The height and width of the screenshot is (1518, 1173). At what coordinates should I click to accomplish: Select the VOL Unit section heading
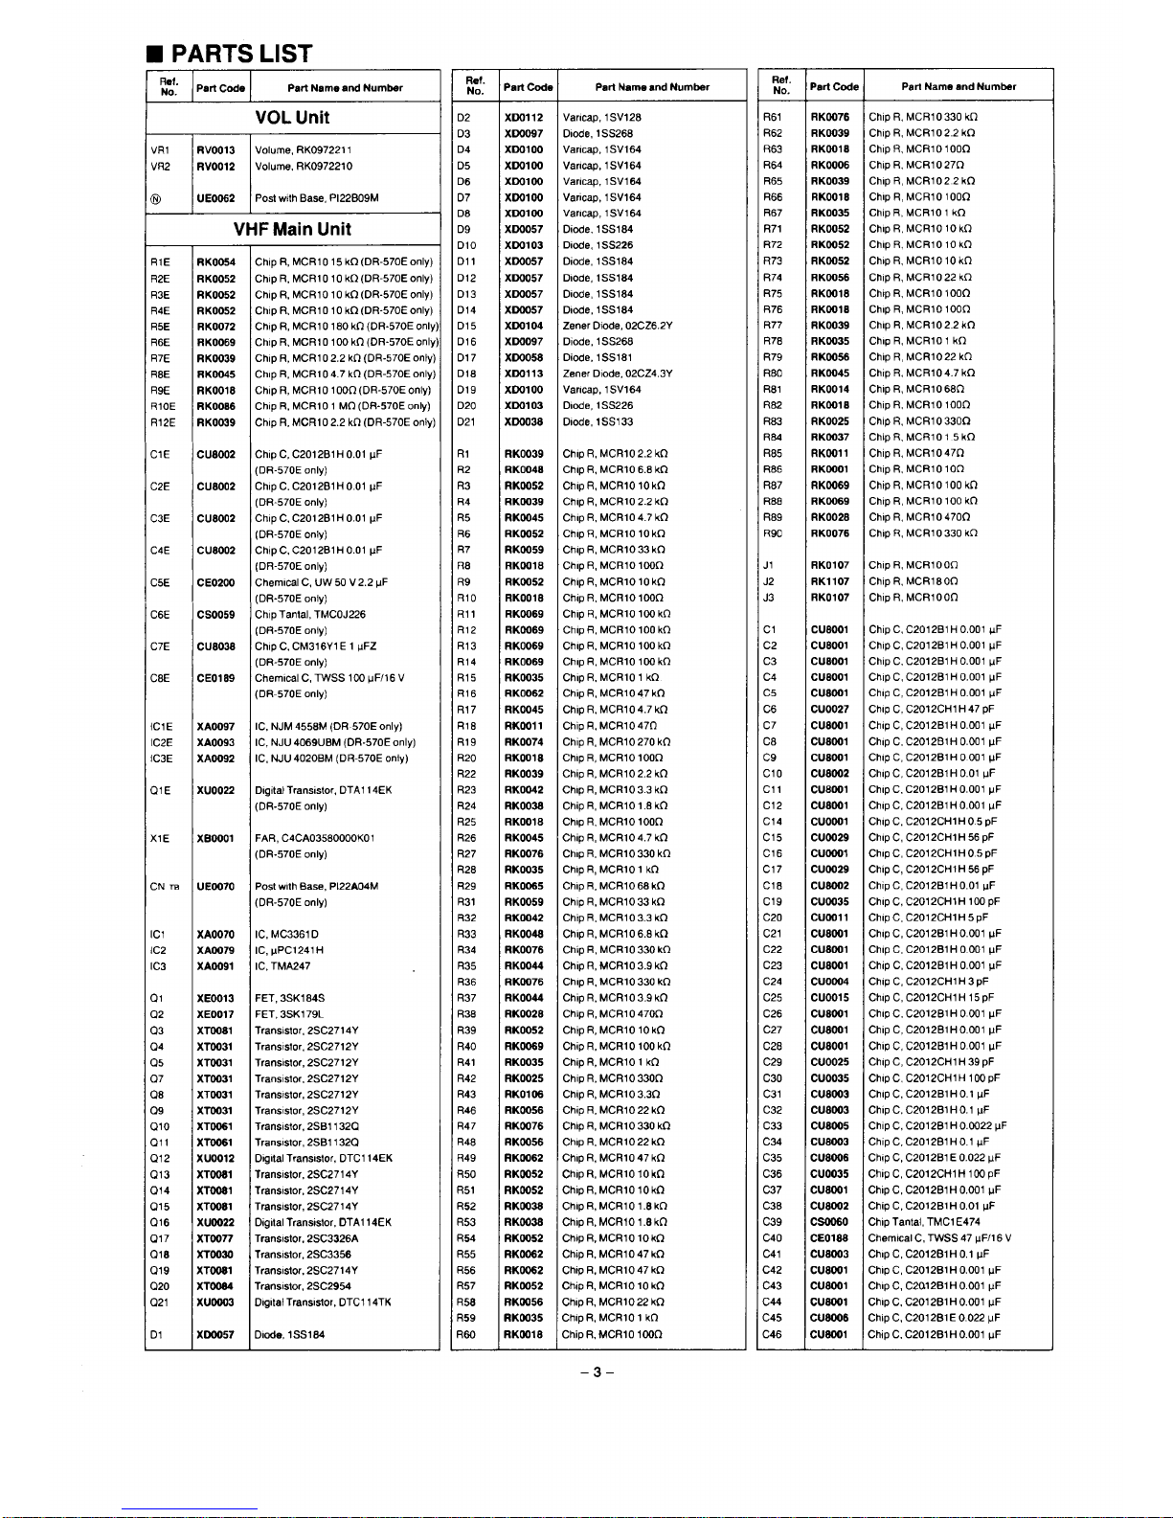tap(292, 118)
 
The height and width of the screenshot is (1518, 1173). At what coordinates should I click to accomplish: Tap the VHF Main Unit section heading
tap(292, 230)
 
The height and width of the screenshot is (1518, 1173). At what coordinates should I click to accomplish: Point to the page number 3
tap(596, 1372)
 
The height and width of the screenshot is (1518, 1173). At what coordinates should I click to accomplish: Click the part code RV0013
tap(215, 150)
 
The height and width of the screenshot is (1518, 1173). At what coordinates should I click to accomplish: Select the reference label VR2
tap(160, 167)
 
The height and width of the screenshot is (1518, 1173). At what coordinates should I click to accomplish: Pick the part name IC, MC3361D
tap(286, 934)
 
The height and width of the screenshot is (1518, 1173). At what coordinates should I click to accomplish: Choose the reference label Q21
tap(159, 1303)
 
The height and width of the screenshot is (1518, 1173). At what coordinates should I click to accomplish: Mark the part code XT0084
tap(215, 1286)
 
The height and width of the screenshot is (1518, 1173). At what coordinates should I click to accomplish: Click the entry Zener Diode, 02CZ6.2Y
tap(618, 326)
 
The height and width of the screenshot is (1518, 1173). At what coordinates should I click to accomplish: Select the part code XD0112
tap(524, 118)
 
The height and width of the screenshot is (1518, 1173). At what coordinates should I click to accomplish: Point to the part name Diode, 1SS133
tap(598, 421)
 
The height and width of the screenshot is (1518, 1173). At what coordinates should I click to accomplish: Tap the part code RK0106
tap(524, 1095)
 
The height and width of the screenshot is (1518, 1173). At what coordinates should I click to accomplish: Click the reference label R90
tap(773, 533)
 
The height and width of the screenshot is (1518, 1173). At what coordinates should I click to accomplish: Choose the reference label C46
tap(772, 1334)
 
